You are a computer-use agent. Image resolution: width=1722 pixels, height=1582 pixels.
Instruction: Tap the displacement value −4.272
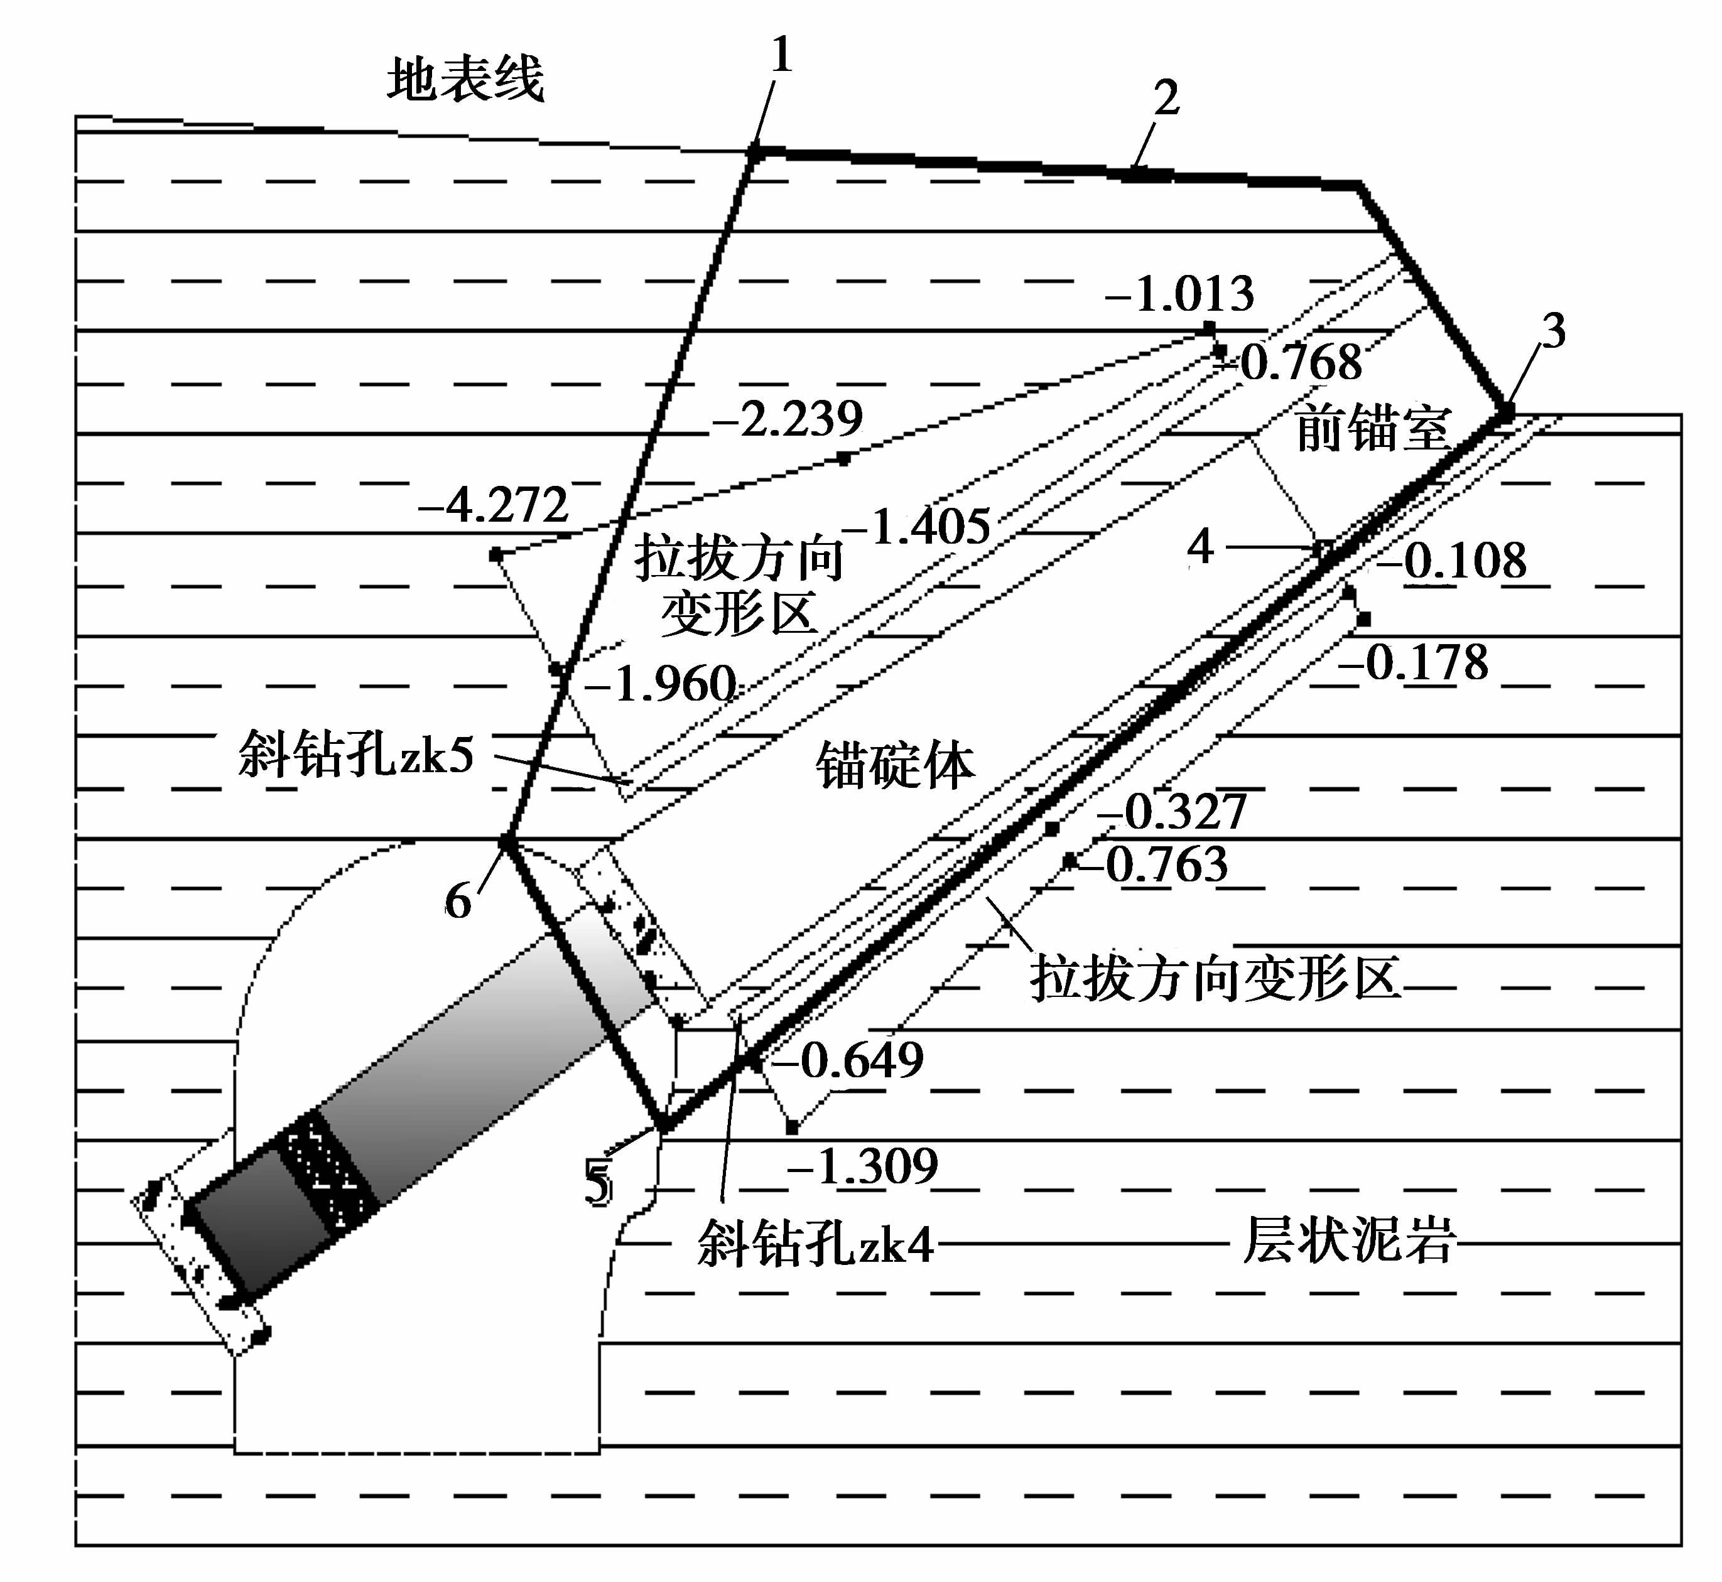pos(494,505)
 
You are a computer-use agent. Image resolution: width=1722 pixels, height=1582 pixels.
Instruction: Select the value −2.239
pos(788,419)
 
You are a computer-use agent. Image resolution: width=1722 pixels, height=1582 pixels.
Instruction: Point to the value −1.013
pos(1180,294)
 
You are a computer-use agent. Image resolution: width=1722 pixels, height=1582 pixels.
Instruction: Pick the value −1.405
pos(917,527)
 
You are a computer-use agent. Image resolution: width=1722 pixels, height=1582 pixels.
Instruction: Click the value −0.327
pos(1173,812)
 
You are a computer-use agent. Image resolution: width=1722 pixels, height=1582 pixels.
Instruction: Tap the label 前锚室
pos(1372,428)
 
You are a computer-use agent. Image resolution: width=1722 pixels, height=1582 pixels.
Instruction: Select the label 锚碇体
pos(895,765)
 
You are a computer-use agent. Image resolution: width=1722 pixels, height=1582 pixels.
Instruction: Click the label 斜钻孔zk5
pos(356,754)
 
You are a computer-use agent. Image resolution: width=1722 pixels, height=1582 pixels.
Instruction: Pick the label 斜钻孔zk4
pos(815,1243)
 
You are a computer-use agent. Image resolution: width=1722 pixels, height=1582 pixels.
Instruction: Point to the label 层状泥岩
pos(1349,1240)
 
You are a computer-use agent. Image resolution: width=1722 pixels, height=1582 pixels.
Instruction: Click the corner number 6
pos(458,901)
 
